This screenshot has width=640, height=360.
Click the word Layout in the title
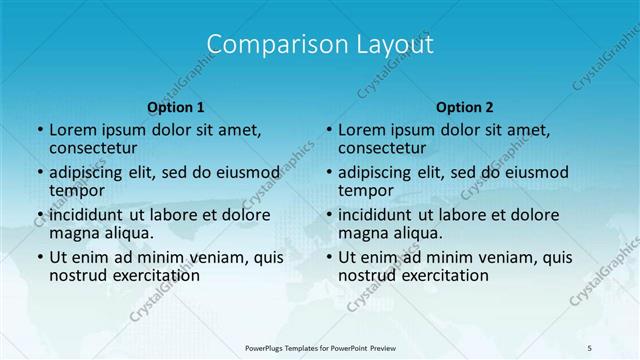[x=387, y=44]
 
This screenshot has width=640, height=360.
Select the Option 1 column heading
[x=176, y=106]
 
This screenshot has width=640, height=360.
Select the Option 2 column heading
[x=465, y=106]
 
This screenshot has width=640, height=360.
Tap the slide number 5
[x=589, y=347]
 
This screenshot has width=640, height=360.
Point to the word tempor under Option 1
[x=75, y=191]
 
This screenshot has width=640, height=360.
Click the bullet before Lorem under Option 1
[x=39, y=130]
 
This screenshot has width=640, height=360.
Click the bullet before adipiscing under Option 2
[x=329, y=173]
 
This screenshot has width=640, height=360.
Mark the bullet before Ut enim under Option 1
[x=39, y=257]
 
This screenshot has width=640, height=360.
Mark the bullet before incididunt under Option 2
[x=329, y=215]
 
